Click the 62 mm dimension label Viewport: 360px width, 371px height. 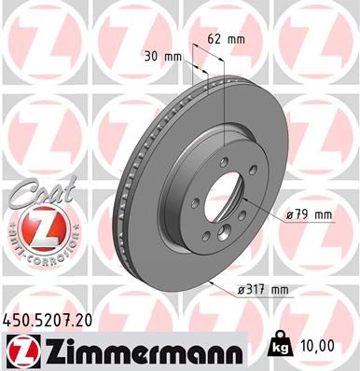[x=227, y=40]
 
